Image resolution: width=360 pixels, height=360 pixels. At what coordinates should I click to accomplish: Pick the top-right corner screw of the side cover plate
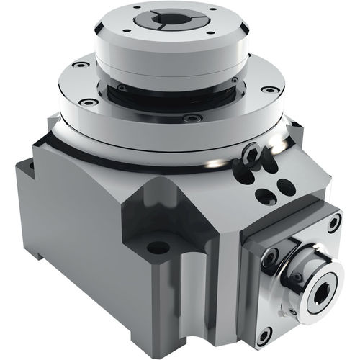pyautogui.click(x=333, y=222)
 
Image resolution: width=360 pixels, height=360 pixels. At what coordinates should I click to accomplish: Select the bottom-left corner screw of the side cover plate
pyautogui.click(x=264, y=333)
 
